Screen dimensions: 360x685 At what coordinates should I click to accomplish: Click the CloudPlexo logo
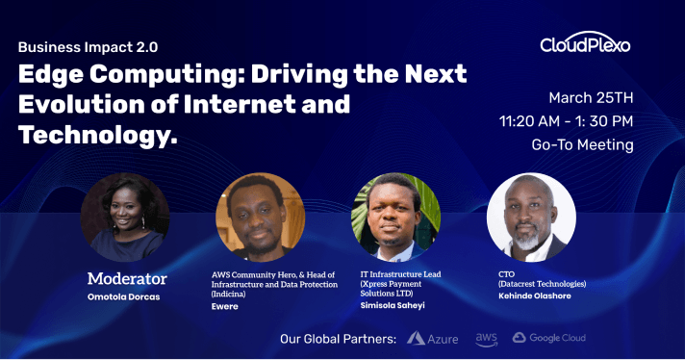(585, 44)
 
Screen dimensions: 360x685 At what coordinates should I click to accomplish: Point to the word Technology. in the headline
(99, 136)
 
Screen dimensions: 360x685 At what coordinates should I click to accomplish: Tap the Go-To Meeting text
(582, 145)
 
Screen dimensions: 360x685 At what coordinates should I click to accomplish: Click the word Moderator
(127, 279)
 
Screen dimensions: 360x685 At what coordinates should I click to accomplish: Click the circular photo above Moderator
(125, 218)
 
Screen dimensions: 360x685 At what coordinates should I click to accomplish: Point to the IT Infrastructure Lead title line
(399, 274)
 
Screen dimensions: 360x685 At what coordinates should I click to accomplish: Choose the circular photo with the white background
(531, 218)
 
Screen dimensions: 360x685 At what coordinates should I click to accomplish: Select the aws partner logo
(486, 338)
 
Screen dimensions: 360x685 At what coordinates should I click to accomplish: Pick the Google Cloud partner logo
(549, 338)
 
